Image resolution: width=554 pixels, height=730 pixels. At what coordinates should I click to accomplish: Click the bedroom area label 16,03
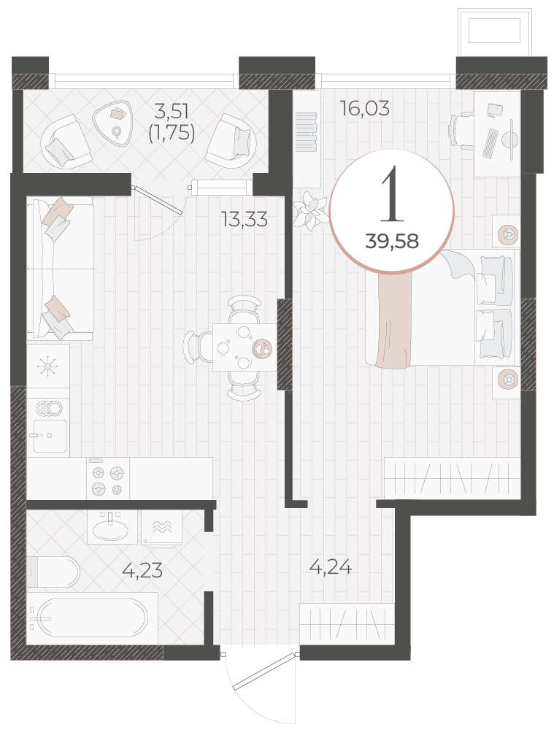[364, 108]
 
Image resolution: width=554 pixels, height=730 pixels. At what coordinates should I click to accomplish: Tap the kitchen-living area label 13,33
[245, 219]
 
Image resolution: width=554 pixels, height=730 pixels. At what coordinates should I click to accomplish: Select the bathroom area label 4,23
[142, 570]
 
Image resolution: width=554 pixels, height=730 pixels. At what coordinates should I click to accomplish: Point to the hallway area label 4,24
[331, 566]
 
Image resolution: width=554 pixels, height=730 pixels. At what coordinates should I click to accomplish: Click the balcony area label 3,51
[172, 111]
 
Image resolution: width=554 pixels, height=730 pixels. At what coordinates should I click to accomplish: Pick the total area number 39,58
[392, 241]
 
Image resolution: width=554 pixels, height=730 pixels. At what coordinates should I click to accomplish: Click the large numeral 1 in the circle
[392, 194]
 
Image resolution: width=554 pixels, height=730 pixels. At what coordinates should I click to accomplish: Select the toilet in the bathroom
[53, 572]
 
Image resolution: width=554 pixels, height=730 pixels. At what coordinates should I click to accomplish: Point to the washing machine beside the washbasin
[161, 527]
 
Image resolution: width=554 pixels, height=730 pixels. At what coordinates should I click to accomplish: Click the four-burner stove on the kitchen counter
[108, 479]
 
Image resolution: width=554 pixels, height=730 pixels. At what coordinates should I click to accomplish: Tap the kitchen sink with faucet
[50, 436]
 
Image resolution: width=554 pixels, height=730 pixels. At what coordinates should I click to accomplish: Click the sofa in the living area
[60, 268]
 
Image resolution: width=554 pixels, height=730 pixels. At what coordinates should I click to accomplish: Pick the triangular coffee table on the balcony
[113, 123]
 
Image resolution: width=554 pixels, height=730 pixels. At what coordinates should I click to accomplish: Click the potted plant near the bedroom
[310, 210]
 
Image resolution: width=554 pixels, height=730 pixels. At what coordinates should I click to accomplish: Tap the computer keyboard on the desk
[490, 143]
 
